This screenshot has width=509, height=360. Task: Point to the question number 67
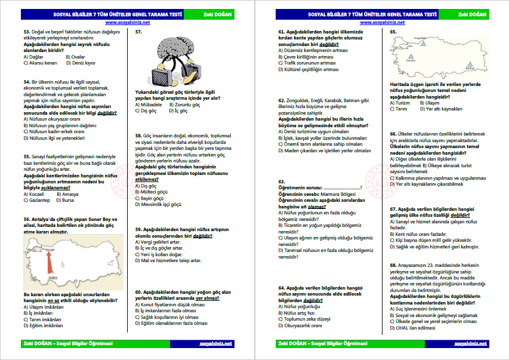pos(394,209)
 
